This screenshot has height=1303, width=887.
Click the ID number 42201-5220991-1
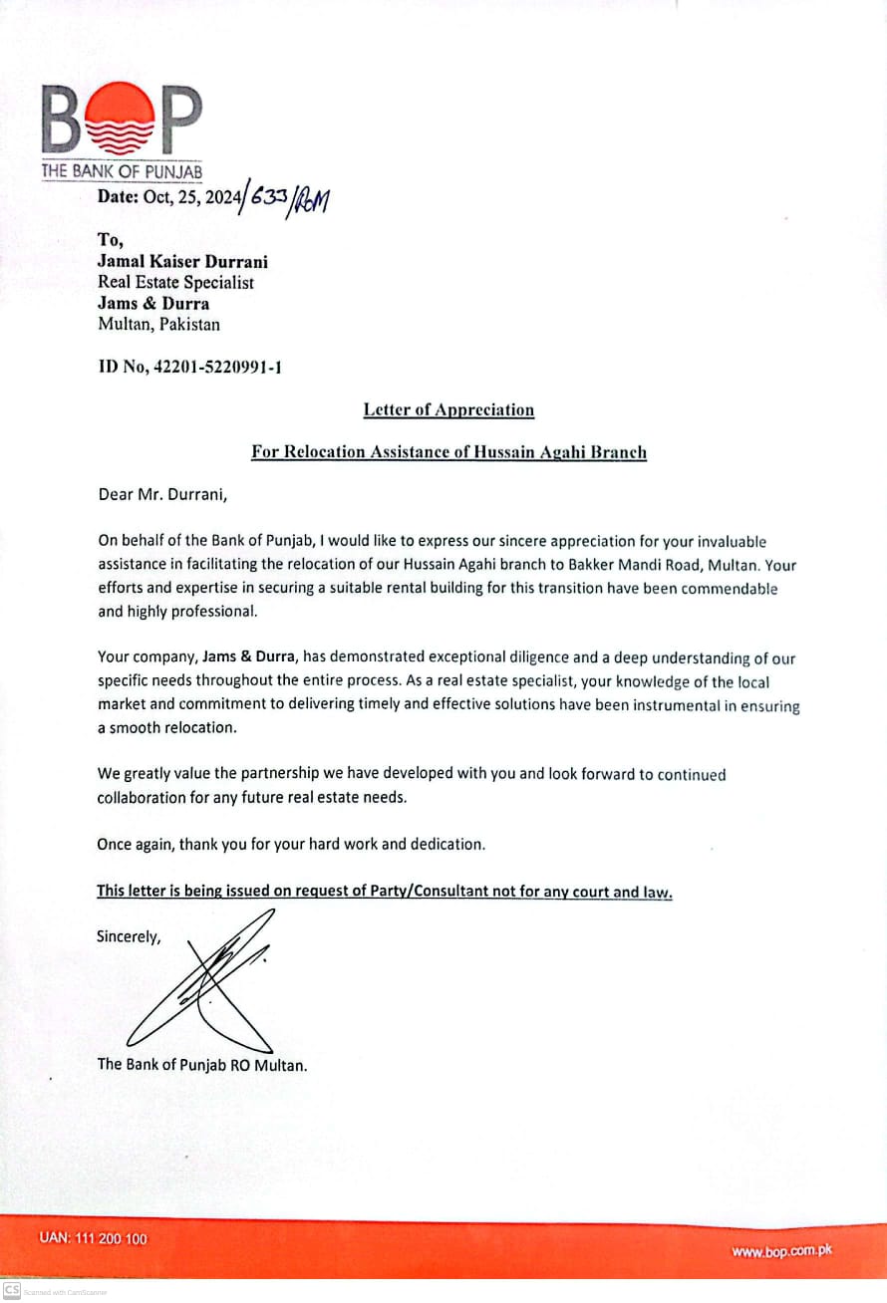pos(189,368)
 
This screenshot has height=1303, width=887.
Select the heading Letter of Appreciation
pos(448,409)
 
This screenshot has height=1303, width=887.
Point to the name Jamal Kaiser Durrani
pos(182,262)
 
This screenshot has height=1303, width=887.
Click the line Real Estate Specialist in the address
pos(175,283)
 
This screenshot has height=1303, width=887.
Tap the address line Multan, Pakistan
pos(158,324)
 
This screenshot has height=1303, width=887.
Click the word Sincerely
pos(128,936)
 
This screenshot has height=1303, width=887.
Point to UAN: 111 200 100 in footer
pos(93,1238)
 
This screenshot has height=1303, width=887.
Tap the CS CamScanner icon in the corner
pos(12,1289)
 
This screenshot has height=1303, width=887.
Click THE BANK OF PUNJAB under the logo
pos(122,171)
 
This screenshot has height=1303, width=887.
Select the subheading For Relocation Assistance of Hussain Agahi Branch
pos(448,452)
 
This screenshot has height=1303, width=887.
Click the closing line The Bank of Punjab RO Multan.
pos(201,1064)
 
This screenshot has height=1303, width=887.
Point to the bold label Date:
pos(119,196)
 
